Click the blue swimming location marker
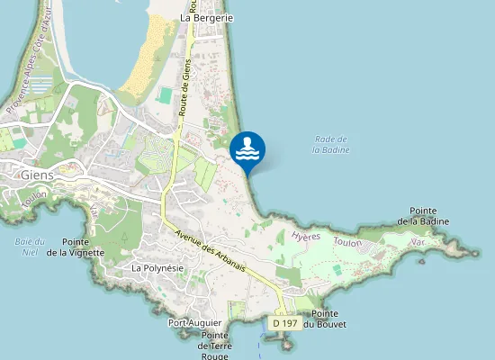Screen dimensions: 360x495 (x=247, y=149)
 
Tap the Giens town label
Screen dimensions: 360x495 (x=37, y=175)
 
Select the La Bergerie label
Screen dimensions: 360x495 (x=207, y=17)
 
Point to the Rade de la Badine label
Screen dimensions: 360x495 (x=331, y=144)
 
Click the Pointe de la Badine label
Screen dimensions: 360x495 (x=429, y=215)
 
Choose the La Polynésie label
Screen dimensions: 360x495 (x=158, y=268)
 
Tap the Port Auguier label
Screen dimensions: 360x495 (x=195, y=322)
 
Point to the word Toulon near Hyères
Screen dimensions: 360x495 (x=347, y=243)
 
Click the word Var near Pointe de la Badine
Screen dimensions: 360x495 (x=416, y=243)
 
